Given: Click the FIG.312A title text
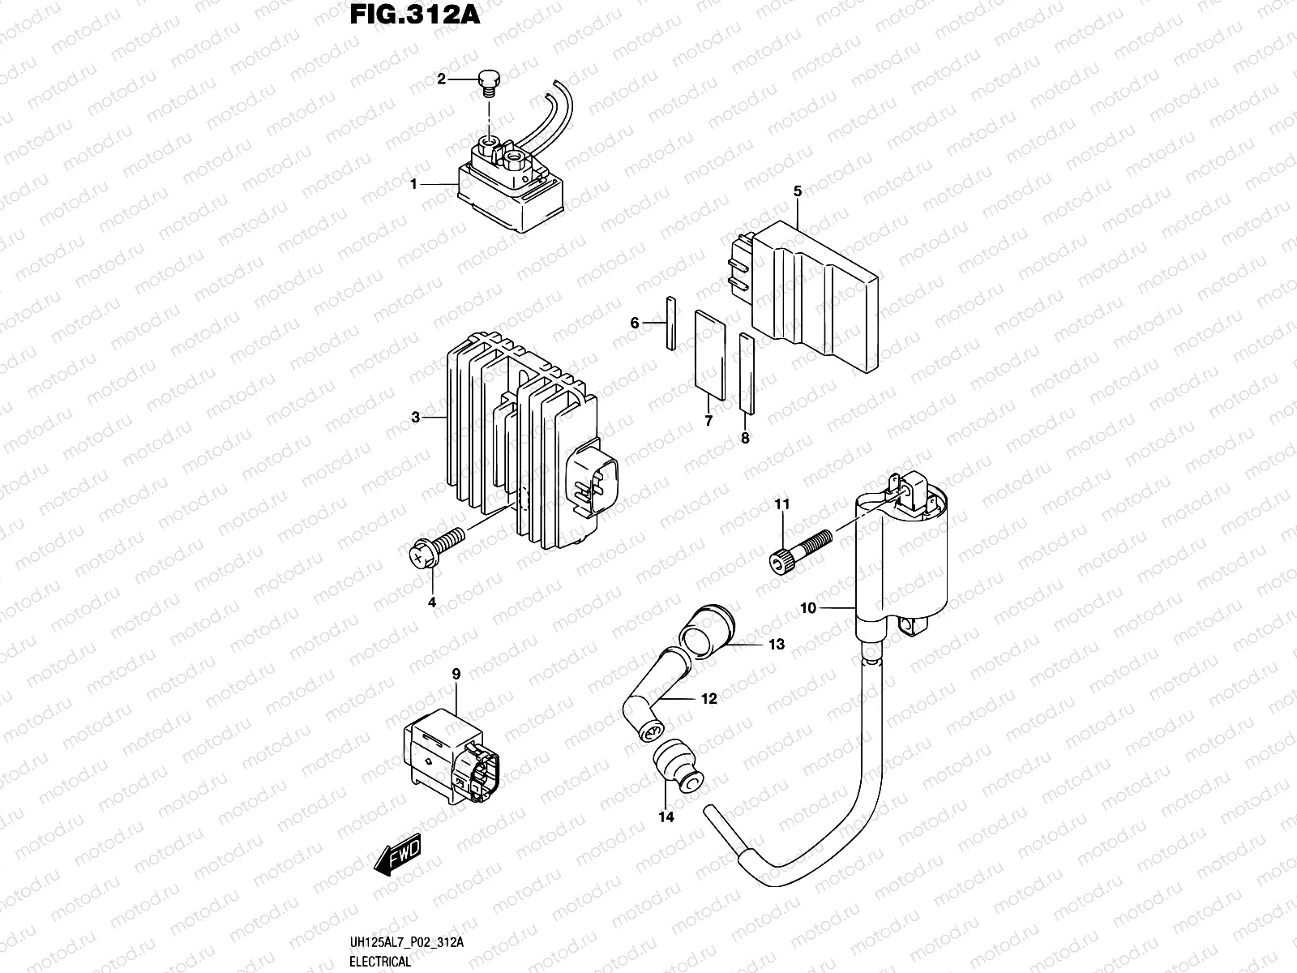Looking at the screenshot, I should coord(413,15).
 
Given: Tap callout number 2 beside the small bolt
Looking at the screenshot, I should coord(442,79).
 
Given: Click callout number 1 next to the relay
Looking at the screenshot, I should coord(413,184).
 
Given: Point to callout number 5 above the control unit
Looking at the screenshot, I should coord(798,191).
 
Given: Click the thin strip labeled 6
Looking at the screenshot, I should coord(670,324).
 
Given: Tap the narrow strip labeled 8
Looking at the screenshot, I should coord(747,373).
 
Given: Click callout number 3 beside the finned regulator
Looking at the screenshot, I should coord(416,418).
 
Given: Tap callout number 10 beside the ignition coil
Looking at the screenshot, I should coord(810,607).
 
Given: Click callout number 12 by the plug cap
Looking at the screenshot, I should coord(709,698).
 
